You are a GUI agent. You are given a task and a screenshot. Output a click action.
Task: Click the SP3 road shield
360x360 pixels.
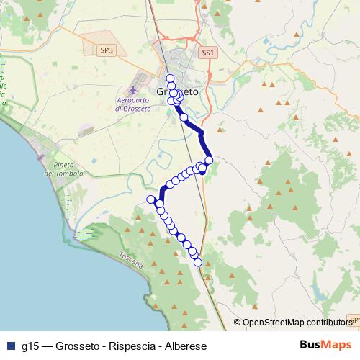click(107, 50)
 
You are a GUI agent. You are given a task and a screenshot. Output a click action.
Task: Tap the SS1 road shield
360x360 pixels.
click(208, 53)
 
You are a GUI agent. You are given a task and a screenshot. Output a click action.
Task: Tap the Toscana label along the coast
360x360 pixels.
click(132, 258)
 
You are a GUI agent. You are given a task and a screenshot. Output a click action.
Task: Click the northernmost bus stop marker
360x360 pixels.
click(170, 78)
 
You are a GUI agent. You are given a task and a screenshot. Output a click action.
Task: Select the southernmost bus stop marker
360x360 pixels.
click(198, 262)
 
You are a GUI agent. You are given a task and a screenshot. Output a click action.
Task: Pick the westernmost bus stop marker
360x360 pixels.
click(150, 199)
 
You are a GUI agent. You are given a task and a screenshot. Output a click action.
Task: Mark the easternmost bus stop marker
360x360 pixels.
click(209, 160)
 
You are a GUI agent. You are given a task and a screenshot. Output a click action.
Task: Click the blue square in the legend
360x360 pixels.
click(11, 346)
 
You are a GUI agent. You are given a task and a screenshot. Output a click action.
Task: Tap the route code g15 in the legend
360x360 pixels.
click(30, 346)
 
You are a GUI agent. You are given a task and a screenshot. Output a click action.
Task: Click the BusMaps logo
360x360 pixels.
click(327, 345)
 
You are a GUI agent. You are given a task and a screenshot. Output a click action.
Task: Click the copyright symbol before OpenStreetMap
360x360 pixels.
click(237, 323)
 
